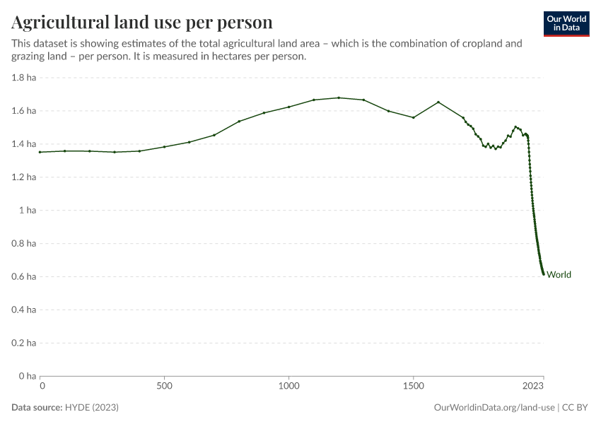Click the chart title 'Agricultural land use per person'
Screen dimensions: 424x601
click(x=141, y=22)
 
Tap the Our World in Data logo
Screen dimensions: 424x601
click(x=566, y=23)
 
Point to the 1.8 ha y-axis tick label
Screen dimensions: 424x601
click(x=24, y=78)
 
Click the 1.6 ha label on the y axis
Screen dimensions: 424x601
click(x=24, y=111)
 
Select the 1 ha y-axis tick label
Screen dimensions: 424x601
click(x=28, y=211)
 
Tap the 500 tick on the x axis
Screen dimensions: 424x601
click(x=164, y=387)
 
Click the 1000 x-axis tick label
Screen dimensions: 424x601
click(x=288, y=387)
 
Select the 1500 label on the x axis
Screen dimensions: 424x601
click(x=413, y=387)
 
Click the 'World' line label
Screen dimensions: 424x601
click(x=559, y=275)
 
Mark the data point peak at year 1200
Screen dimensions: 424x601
click(x=339, y=98)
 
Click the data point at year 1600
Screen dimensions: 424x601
click(x=438, y=102)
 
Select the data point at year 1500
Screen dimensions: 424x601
click(x=413, y=117)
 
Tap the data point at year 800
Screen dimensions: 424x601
click(x=239, y=121)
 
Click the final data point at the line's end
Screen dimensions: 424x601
click(x=543, y=274)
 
